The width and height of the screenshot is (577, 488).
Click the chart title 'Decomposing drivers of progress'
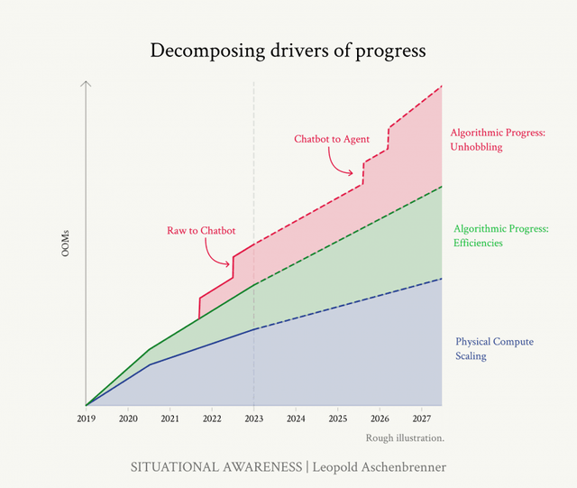tap(288, 51)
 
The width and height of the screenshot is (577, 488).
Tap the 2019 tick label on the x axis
tap(86, 419)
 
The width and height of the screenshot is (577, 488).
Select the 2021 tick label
tap(169, 419)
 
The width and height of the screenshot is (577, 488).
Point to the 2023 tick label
tap(253, 419)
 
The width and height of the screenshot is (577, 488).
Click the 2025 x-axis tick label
tap(337, 419)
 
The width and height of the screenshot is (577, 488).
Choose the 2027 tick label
tap(421, 419)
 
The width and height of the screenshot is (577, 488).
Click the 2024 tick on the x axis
tap(296, 419)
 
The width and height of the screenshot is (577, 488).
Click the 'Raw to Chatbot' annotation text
tap(201, 231)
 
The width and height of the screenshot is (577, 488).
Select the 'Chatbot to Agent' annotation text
tap(332, 140)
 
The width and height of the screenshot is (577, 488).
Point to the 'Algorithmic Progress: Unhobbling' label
tap(499, 140)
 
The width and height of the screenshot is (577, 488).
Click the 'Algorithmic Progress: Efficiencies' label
tap(501, 235)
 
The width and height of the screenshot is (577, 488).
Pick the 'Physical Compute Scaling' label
tap(494, 348)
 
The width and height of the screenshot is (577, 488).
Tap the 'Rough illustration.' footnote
tap(406, 438)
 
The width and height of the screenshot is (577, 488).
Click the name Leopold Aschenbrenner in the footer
tap(379, 467)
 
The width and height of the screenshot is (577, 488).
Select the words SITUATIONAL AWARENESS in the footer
tap(215, 467)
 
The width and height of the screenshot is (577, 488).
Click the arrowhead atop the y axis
tap(86, 84)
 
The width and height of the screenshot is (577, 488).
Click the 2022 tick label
tap(212, 419)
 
